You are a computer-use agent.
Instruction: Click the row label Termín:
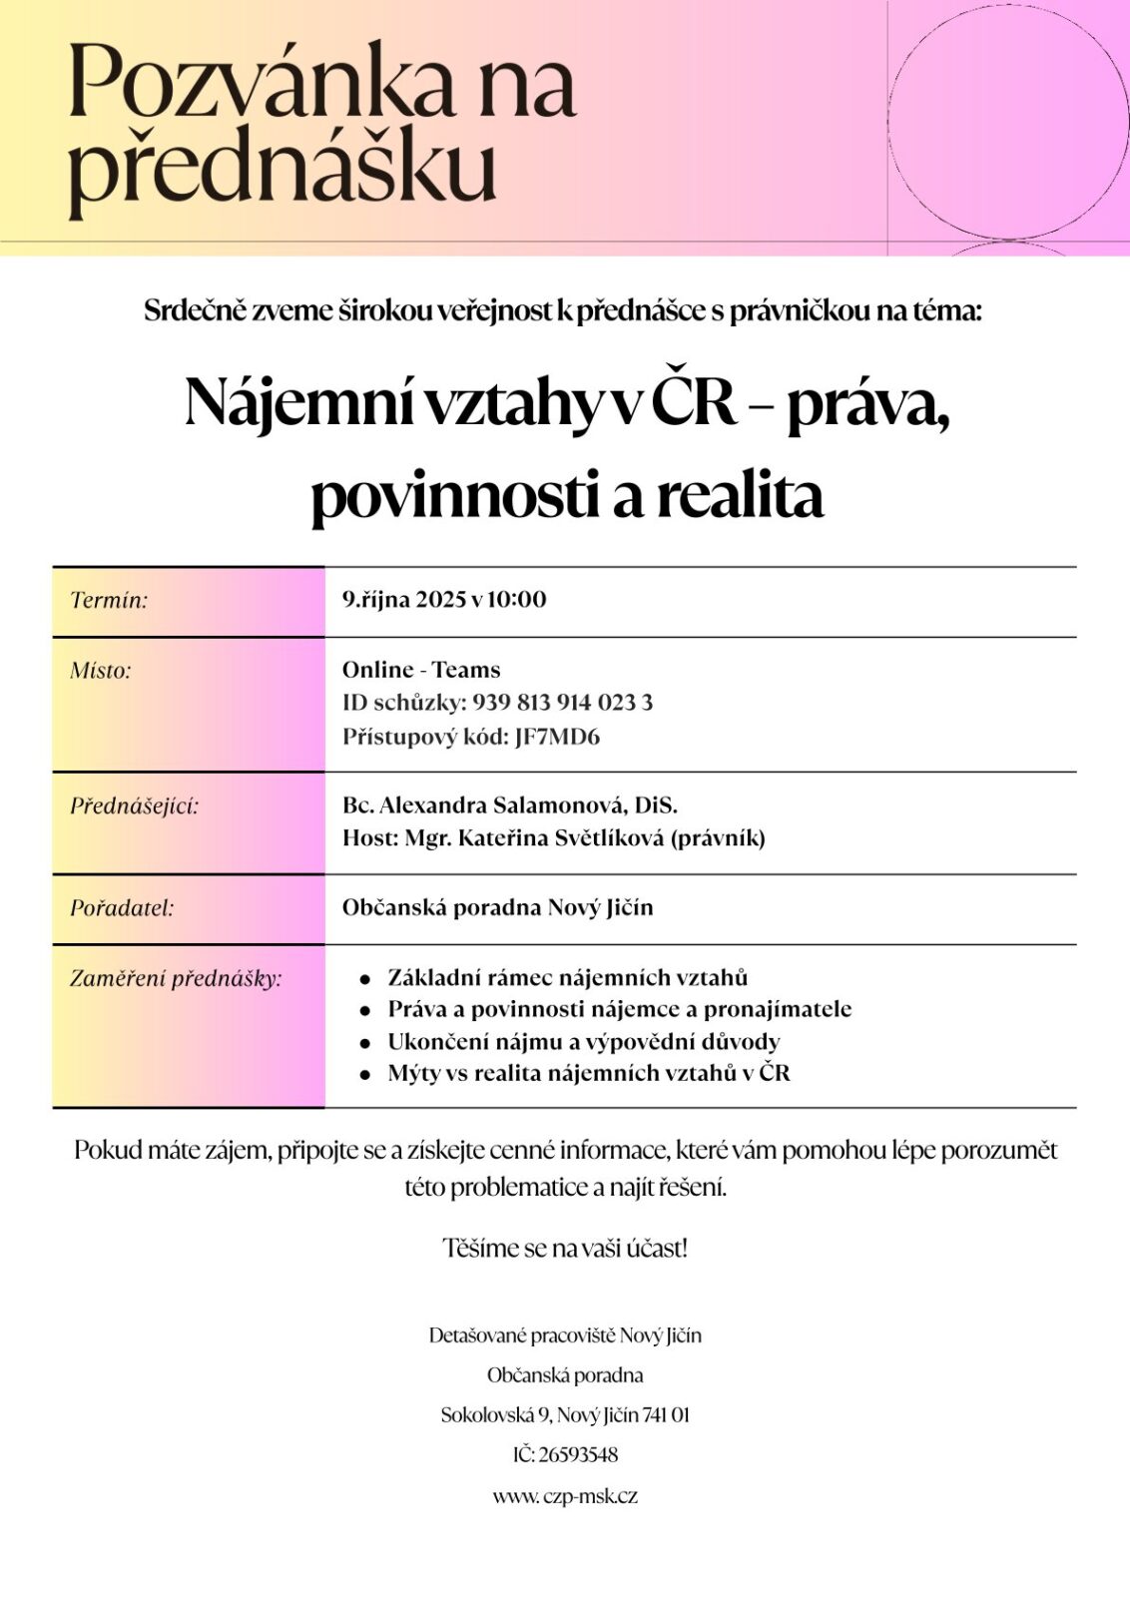click(109, 600)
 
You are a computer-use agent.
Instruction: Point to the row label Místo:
click(101, 670)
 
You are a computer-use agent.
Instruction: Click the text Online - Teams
click(421, 670)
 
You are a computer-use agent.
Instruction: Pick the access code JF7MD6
click(557, 737)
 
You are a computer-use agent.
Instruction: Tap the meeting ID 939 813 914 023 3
click(563, 703)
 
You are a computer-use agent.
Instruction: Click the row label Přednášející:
click(134, 805)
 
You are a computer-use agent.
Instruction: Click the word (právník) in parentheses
click(718, 837)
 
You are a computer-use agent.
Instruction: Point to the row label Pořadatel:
click(122, 908)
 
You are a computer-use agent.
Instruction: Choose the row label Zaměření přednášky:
click(176, 978)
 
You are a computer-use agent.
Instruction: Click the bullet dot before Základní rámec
click(365, 979)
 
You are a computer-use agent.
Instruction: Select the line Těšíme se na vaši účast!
click(565, 1248)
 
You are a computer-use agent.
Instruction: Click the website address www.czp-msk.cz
click(565, 1495)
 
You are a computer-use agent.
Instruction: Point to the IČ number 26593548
click(578, 1455)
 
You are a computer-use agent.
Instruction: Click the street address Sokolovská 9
click(495, 1414)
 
